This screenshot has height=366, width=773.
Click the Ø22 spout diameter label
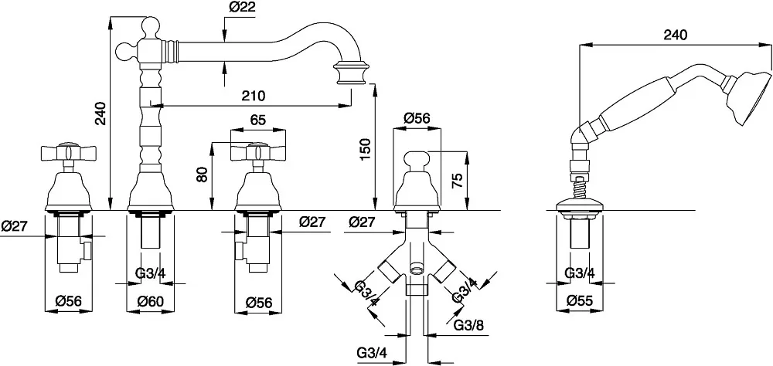[243, 8]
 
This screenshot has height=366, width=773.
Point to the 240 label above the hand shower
[675, 35]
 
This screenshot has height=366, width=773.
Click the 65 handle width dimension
[257, 120]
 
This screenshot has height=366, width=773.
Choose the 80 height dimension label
[202, 175]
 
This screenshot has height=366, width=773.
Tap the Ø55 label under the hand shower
[579, 300]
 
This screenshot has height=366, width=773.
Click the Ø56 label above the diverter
[417, 119]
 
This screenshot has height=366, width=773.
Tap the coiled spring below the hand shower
[580, 188]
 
